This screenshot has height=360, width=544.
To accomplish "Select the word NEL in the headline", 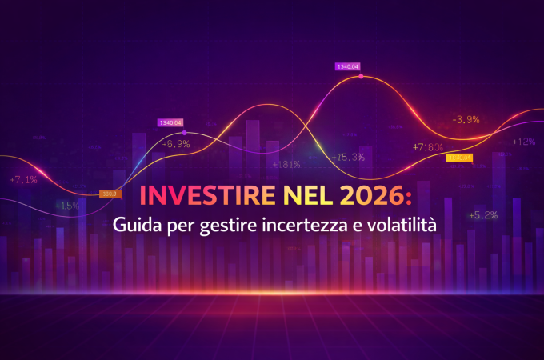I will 290,194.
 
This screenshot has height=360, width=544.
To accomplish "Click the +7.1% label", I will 23,180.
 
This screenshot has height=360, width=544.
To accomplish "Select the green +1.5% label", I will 67,206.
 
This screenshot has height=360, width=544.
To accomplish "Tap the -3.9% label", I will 466,120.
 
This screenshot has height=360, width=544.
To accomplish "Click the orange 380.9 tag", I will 110,194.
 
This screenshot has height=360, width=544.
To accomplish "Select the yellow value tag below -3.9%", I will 459,158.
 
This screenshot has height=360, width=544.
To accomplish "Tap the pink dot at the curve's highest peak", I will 361,77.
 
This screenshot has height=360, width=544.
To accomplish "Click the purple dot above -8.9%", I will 185,132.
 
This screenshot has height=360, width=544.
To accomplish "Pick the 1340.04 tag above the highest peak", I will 348,66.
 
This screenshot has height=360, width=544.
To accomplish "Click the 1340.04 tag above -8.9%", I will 170,123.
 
